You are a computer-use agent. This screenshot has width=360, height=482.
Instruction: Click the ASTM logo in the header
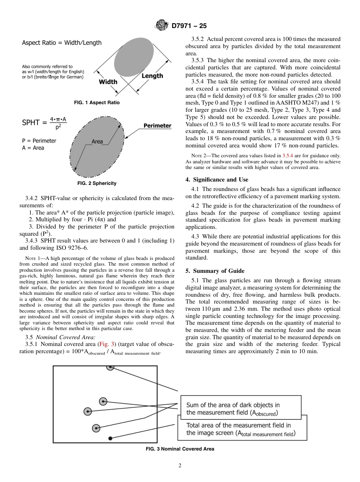tap(162, 26)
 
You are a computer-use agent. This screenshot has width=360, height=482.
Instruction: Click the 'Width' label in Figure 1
tap(108, 81)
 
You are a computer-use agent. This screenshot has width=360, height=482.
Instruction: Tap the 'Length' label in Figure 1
tap(152, 76)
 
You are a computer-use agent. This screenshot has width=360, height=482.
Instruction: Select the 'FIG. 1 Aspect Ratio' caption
tap(97, 103)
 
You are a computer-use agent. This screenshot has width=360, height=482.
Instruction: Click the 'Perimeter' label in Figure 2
tap(157, 125)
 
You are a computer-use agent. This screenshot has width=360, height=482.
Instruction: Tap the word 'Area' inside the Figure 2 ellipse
tap(97, 141)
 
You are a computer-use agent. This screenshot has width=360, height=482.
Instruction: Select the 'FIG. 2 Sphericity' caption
tap(97, 183)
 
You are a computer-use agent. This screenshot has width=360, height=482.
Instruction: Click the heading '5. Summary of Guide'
tap(215, 271)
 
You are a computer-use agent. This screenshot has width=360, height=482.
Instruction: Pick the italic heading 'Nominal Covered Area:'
tap(66, 337)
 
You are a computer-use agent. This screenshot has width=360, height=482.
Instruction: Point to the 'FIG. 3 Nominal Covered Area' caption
tap(180, 449)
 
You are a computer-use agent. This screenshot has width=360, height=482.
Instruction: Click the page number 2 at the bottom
tap(180, 466)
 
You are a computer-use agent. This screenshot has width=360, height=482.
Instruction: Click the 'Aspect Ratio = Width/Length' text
tap(62, 43)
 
